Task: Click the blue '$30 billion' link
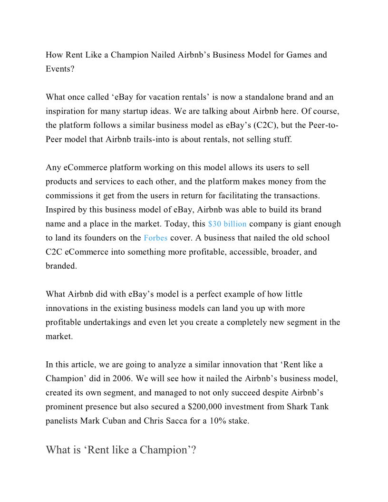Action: click(x=227, y=223)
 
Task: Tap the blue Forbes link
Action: click(x=155, y=238)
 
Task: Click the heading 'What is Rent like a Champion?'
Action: click(x=121, y=450)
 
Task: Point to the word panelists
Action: click(x=62, y=421)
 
